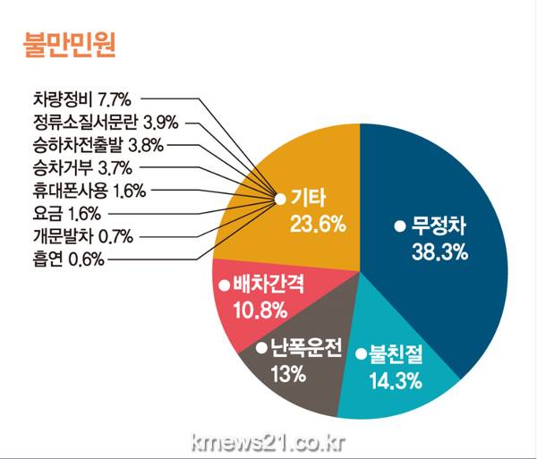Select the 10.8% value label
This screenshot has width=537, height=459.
[x=260, y=310]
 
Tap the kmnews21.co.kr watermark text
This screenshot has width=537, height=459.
[x=268, y=442]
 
